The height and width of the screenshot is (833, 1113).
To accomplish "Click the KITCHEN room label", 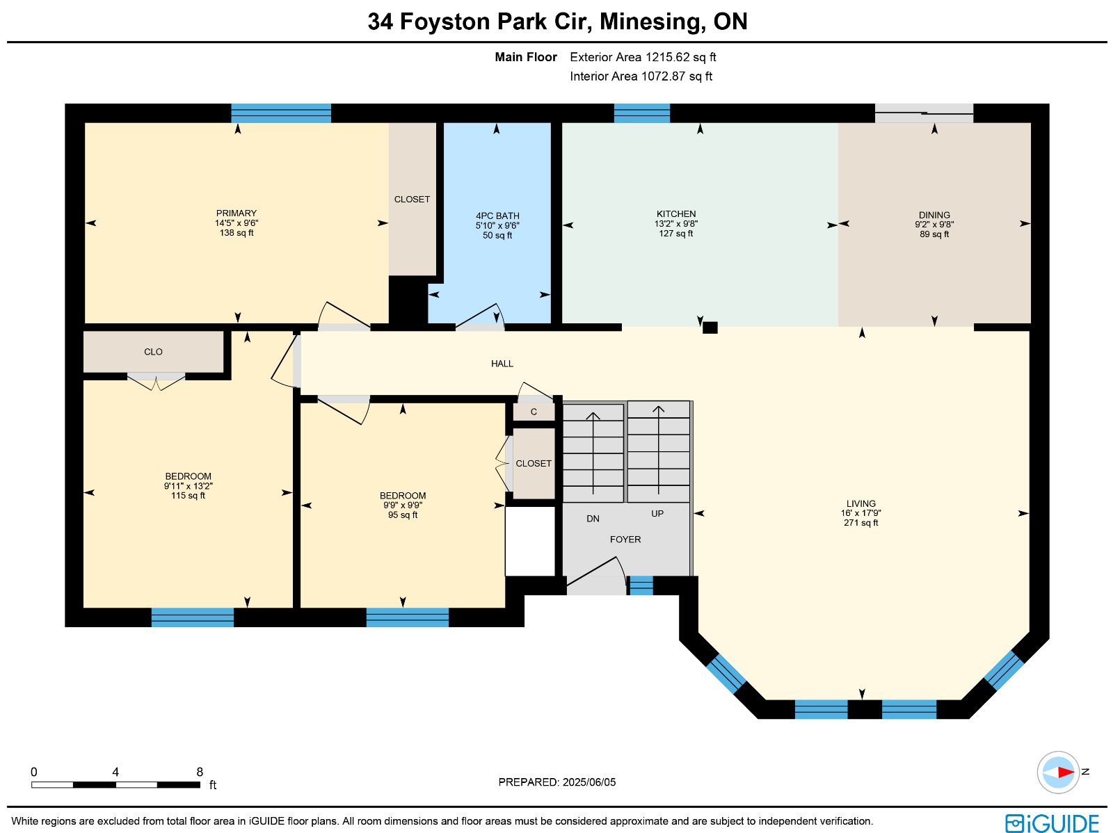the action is pos(676,214).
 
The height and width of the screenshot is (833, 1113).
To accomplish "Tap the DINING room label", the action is pos(934,215).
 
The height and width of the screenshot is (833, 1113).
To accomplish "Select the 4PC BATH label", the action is pos(497,216).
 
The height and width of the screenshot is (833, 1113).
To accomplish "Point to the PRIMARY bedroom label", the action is pos(237,213).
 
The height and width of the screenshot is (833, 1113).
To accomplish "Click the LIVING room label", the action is pos(861,503).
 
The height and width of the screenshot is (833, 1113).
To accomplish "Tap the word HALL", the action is pos(502,364).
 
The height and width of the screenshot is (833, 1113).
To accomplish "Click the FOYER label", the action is pos(625,540).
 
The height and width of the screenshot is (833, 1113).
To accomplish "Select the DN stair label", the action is pos(593,519).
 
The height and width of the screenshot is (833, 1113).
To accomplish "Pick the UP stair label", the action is pos(657,514).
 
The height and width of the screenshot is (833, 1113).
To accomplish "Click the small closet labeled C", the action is pos(534,412).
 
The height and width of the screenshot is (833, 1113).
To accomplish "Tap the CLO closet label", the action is pos(153,352).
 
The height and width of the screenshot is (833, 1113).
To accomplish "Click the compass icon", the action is pos(1058,773).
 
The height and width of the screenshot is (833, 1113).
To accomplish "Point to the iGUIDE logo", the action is pos(1052,823).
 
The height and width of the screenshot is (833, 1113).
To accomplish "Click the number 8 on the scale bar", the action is pos(200,773).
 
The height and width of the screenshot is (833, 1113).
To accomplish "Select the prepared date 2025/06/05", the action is pos(589,782).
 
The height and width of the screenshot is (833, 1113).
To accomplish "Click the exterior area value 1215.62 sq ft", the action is pos(680,57).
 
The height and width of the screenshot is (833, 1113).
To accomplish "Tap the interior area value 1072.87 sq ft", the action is pos(676,76).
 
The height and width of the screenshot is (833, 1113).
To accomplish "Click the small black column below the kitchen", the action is pos(710,327).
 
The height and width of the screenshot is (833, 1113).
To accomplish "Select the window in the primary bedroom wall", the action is pos(281,113).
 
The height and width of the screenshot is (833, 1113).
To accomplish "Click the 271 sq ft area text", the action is pos(861,523).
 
